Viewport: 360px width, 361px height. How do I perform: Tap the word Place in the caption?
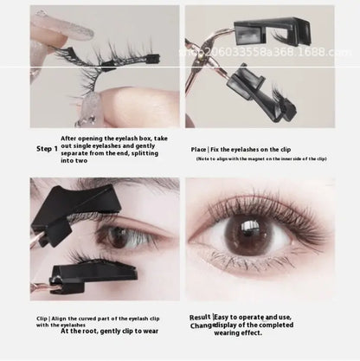coord(199,148)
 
